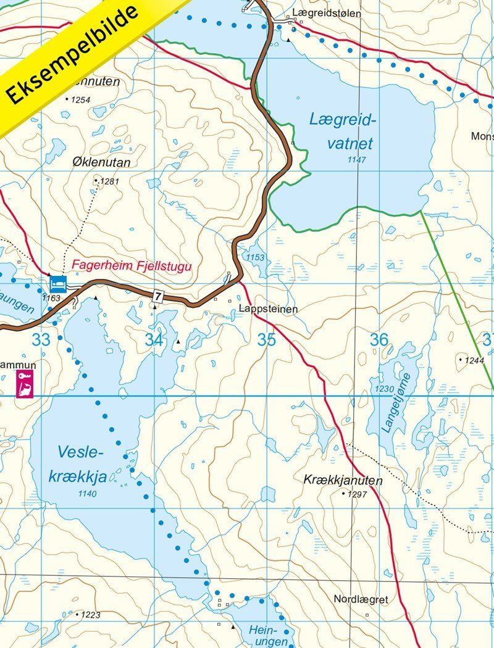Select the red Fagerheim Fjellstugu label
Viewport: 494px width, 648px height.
pyautogui.click(x=132, y=266)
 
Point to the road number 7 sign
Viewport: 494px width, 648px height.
pyautogui.click(x=158, y=297)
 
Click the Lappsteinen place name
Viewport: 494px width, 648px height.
pyautogui.click(x=268, y=309)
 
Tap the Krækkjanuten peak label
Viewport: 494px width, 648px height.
pyautogui.click(x=343, y=480)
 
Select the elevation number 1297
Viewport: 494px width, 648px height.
pyautogui.click(x=358, y=494)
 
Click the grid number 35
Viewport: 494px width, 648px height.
pyautogui.click(x=267, y=339)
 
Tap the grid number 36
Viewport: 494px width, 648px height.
pyautogui.click(x=379, y=339)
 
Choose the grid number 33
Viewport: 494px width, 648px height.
pyautogui.click(x=41, y=339)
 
